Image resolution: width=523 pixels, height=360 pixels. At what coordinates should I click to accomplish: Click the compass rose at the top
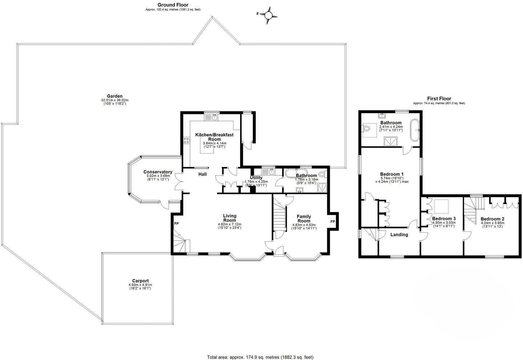[x=268, y=15]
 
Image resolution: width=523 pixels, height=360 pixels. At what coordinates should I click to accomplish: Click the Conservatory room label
[x=158, y=172]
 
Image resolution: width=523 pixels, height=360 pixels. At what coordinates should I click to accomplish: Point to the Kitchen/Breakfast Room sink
[x=215, y=117]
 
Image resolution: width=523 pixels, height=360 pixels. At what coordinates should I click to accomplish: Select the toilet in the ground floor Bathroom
[x=321, y=174]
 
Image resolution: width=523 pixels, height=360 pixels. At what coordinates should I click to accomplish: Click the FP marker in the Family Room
[x=332, y=221]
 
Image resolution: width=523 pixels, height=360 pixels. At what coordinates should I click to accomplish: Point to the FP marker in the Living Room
[x=177, y=224]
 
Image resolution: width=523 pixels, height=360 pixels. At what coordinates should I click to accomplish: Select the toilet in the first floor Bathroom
[x=366, y=128]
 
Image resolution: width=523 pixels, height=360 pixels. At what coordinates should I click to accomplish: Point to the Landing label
[x=399, y=234]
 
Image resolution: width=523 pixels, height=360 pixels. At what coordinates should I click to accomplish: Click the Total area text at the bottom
[x=260, y=357]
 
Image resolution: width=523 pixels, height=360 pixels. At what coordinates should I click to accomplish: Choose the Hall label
[x=202, y=174]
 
